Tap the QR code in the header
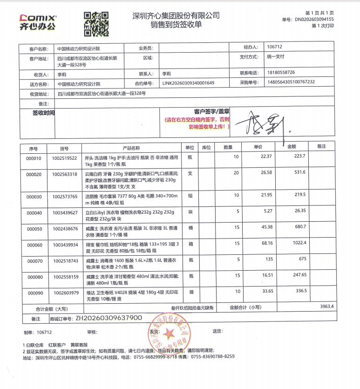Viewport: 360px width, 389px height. click(96, 24)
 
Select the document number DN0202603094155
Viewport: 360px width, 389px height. click(314, 20)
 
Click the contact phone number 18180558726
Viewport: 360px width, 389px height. click(281, 73)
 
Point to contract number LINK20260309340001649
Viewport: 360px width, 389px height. click(188, 83)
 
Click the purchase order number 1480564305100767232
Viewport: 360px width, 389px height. click(291, 82)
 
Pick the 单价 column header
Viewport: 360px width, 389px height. click(258, 147)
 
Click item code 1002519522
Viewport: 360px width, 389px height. click(65, 158)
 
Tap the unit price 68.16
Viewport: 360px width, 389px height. click(266, 243)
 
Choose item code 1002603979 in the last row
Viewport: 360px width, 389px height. click(65, 293)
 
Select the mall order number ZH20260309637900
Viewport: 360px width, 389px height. click(109, 318)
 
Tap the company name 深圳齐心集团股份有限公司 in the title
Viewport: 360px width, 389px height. click(176, 15)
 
